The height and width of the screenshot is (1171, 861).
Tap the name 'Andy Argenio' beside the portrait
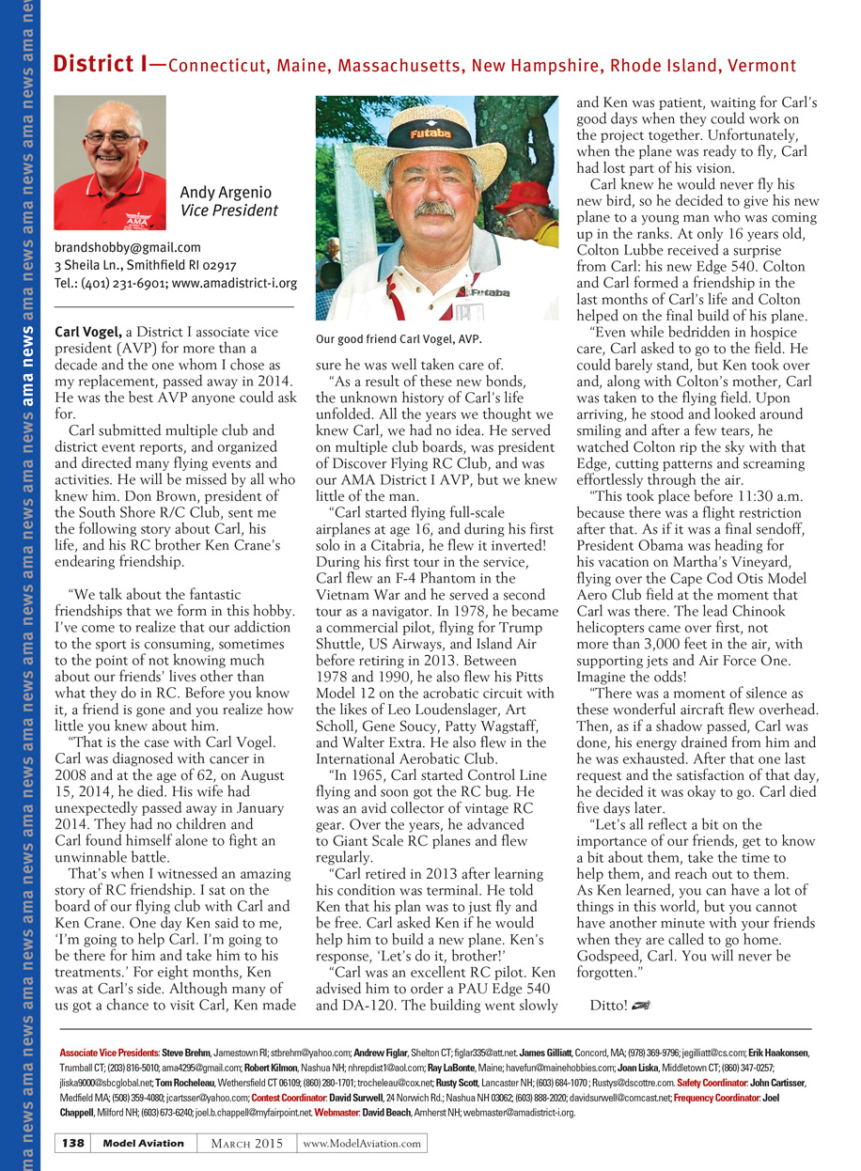[x=225, y=194]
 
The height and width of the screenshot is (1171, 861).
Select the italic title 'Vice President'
[x=228, y=211]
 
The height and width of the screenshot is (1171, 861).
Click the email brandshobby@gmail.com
[x=127, y=248]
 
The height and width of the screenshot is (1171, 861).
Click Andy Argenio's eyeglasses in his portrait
[x=111, y=138]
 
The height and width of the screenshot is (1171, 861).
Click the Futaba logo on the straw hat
[x=430, y=133]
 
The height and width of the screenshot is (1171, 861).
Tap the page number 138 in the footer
[x=74, y=1143]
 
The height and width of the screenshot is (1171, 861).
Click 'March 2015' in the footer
[x=247, y=1143]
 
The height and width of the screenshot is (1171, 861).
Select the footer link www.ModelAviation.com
[x=362, y=1143]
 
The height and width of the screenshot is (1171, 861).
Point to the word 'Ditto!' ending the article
[x=608, y=1005]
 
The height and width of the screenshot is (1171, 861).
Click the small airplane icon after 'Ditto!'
[x=641, y=1005]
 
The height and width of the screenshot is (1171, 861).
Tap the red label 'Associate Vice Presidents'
[x=109, y=1054]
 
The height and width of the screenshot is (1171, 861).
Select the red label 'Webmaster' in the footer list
[x=337, y=1113]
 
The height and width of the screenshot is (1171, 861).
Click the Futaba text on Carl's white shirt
[x=490, y=293]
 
